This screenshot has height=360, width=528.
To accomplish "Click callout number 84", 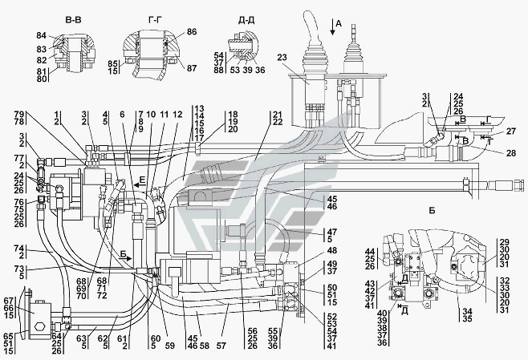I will [42, 37].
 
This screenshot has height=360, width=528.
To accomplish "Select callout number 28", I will [512, 152].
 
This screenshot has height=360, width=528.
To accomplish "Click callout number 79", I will [19, 115].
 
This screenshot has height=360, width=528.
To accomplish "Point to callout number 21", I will [276, 115].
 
